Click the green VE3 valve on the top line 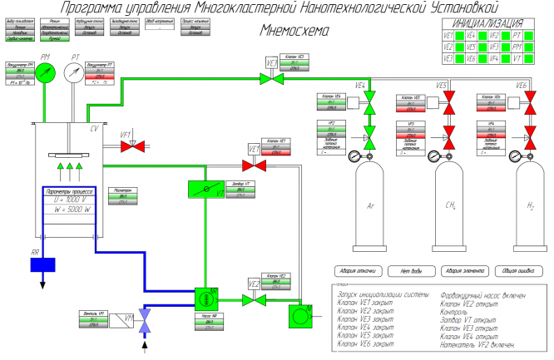pos(271,77)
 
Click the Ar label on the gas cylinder pos(369,205)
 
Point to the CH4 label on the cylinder pos(451,205)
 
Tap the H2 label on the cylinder pos(532,205)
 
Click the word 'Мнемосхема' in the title pos(294,30)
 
